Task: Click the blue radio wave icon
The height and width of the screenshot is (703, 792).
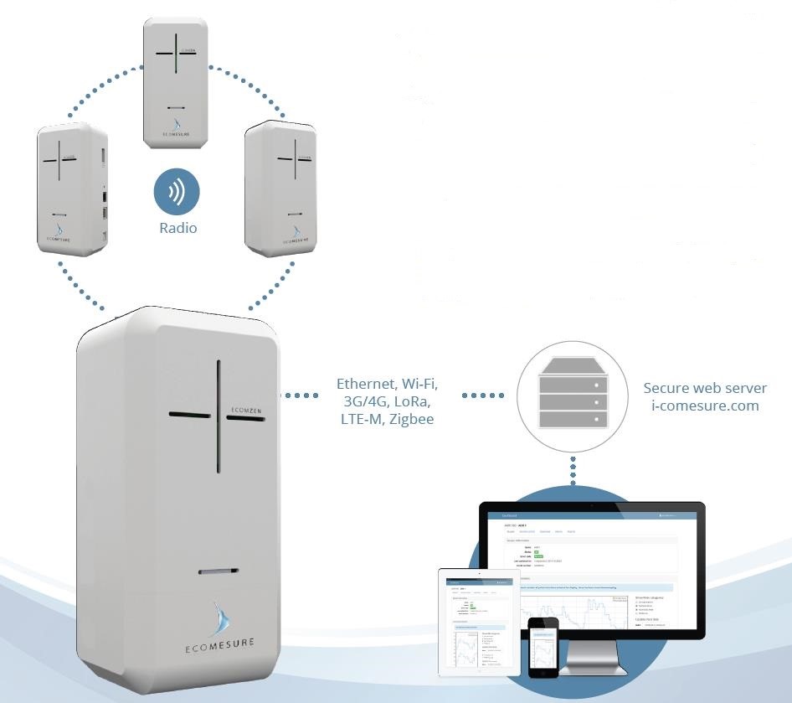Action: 177,193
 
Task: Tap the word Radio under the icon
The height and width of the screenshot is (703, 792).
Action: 177,227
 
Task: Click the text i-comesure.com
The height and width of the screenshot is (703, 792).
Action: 705,406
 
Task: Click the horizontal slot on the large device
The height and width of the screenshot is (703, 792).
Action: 219,572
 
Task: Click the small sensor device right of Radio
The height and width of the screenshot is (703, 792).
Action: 280,188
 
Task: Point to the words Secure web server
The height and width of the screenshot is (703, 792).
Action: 705,388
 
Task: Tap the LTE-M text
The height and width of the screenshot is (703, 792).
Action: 361,419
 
